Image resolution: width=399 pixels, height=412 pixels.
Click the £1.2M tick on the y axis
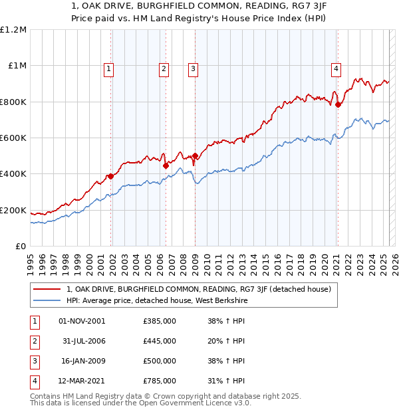point(13,29)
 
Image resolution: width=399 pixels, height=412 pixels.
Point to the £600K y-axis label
point(13,138)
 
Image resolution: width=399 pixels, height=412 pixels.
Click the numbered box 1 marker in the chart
point(108,68)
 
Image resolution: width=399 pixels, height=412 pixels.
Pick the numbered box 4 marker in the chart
point(336,68)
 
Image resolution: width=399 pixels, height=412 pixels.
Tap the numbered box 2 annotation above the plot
point(164,68)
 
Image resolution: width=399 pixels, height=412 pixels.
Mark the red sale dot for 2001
point(111,176)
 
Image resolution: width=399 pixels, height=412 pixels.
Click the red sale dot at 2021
point(338,104)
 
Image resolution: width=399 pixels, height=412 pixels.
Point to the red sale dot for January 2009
point(195,155)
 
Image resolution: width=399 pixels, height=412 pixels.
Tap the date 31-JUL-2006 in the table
point(84,341)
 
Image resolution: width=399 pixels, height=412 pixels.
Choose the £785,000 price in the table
point(160,381)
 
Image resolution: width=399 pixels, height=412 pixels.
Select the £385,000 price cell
point(160,321)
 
